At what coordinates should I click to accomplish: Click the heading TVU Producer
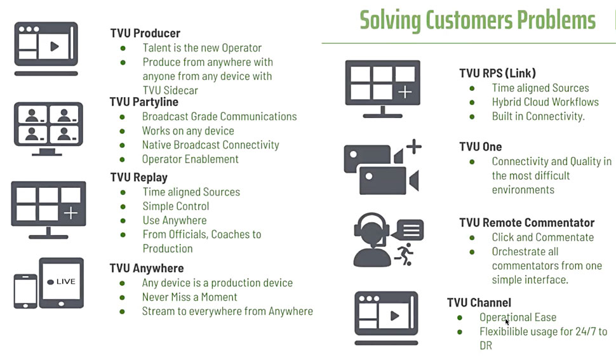(145, 33)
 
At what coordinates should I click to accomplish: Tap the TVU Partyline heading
(144, 102)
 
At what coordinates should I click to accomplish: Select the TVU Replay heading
(138, 177)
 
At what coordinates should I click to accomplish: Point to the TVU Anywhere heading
(147, 268)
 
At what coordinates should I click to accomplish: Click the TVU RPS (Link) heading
(497, 73)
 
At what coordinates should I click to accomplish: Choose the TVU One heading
(481, 147)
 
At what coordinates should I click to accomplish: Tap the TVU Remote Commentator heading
(527, 223)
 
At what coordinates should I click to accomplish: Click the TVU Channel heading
(479, 302)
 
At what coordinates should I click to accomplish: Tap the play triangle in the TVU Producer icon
(54, 47)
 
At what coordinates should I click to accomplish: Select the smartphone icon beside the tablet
(25, 291)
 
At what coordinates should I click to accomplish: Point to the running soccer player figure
(405, 254)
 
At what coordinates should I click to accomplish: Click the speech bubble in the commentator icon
(408, 230)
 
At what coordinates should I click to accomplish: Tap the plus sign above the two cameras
(413, 147)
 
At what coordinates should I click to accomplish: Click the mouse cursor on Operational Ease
(507, 321)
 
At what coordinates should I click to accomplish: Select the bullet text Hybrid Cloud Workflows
(546, 102)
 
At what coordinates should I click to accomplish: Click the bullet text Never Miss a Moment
(190, 297)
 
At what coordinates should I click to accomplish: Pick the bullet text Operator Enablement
(190, 159)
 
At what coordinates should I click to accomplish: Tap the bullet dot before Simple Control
(123, 206)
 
